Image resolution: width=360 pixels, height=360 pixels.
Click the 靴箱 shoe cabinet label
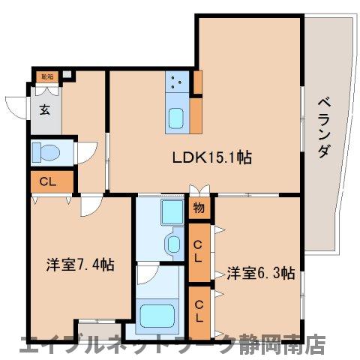pyautogui.click(x=46, y=76)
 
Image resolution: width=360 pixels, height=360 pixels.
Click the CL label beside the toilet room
pyautogui.click(x=47, y=181)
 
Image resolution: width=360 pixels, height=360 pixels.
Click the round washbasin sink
pyautogui.click(x=173, y=244)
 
